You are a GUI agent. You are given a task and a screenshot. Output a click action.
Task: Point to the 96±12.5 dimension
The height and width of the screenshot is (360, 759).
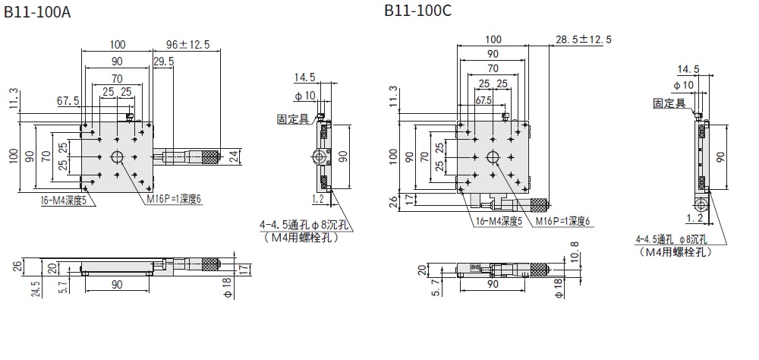188,43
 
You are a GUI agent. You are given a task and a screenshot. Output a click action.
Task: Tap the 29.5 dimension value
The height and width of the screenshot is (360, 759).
163,61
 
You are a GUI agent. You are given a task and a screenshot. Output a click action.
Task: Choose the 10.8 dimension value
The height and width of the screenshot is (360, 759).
575,252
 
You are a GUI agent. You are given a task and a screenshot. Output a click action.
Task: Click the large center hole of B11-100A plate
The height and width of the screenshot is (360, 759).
118,157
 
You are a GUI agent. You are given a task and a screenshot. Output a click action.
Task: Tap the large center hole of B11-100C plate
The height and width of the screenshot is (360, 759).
493,157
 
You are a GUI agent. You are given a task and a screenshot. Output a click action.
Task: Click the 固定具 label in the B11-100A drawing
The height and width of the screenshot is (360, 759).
291,118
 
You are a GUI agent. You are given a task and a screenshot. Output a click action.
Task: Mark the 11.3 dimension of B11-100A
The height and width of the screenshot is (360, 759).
12,99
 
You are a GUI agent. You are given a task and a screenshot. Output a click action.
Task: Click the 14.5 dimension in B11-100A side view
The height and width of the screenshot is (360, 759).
304,77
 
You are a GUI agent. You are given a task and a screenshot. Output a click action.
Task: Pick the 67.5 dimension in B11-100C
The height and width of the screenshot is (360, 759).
483,100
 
